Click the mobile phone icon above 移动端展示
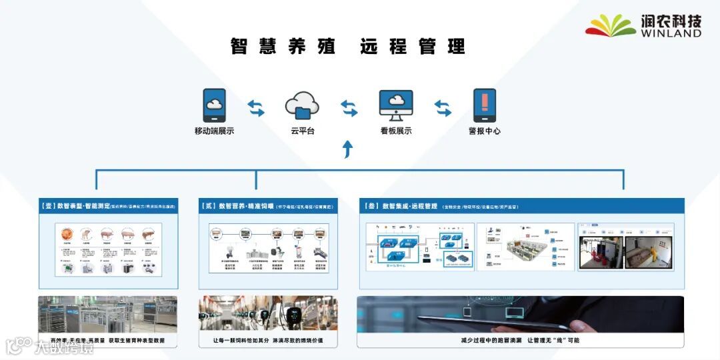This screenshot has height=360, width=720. click(214, 105)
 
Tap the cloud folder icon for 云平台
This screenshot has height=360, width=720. click(302, 105)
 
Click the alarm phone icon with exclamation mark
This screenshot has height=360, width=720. click(485, 105)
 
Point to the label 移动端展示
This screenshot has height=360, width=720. click(214, 131)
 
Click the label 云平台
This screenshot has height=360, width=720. click(303, 131)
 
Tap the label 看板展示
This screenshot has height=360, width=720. click(396, 131)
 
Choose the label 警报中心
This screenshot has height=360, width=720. click(485, 131)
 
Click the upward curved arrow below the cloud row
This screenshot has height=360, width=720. click(347, 149)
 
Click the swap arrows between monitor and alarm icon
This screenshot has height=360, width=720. click(443, 107)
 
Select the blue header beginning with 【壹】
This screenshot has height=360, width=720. click(108, 207)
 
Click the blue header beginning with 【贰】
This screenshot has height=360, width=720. click(268, 207)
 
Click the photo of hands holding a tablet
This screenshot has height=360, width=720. click(520, 313)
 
